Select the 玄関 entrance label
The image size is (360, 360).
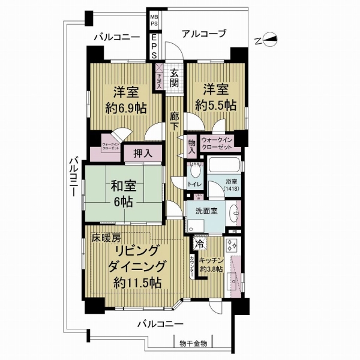click(174, 79)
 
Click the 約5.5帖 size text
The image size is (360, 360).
click(215, 104)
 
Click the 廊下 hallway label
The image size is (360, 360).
click(174, 117)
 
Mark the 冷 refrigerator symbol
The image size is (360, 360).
click(199, 244)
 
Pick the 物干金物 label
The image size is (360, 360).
click(193, 343)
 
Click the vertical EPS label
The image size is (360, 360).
click(154, 44)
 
